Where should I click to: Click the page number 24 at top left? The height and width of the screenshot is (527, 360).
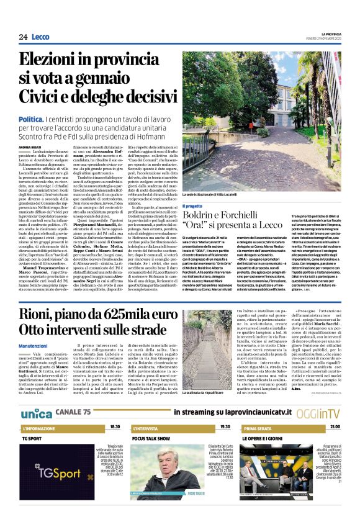coord(23,38)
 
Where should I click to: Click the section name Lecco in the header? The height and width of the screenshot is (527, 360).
coord(40,38)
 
